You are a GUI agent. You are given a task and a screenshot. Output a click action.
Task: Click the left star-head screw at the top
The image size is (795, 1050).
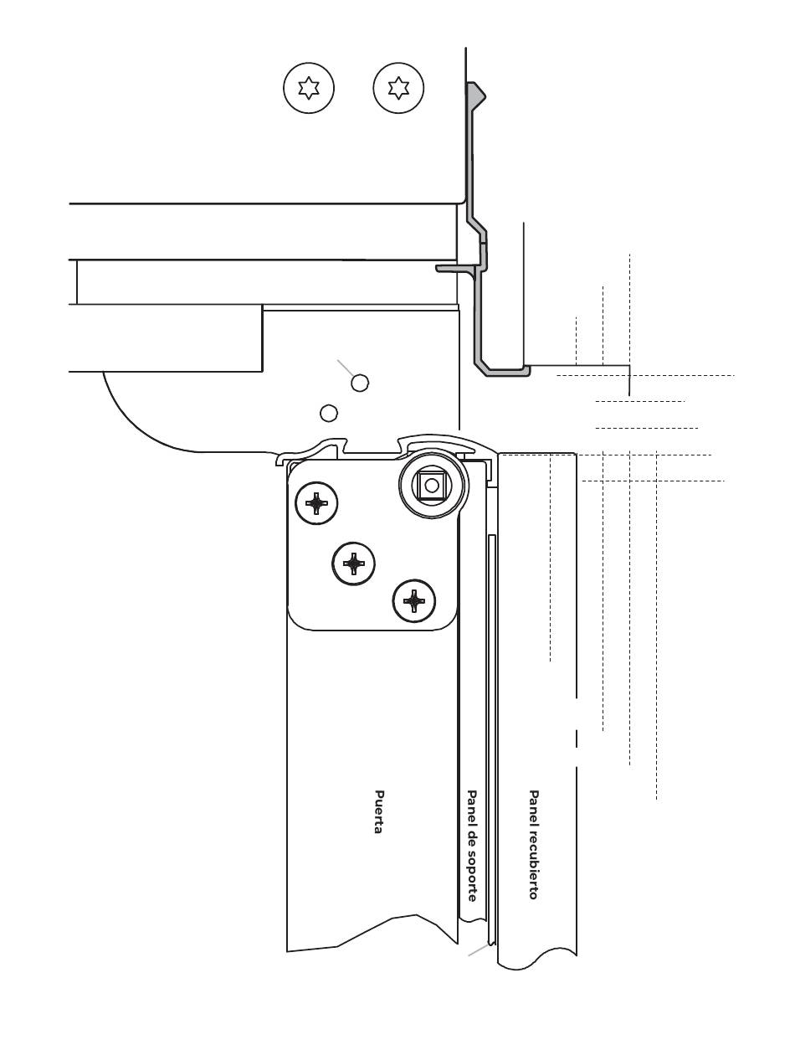click(x=308, y=88)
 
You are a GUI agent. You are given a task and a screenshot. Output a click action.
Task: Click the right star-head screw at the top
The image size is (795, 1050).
click(x=398, y=88)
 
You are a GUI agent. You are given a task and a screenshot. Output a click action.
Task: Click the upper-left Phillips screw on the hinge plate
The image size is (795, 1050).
click(x=316, y=503)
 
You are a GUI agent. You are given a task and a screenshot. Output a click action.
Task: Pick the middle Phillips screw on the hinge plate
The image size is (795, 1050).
click(x=353, y=564)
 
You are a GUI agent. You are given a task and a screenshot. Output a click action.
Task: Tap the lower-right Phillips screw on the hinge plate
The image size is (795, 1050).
click(x=414, y=601)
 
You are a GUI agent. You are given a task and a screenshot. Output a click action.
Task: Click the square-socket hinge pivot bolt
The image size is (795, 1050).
click(x=432, y=486)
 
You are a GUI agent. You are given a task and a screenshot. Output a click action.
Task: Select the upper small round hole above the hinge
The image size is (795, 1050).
click(x=360, y=383)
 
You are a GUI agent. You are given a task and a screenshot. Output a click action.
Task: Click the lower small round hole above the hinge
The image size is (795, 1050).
click(x=328, y=413)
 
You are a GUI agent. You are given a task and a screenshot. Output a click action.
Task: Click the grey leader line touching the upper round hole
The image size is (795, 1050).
click(x=345, y=368)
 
